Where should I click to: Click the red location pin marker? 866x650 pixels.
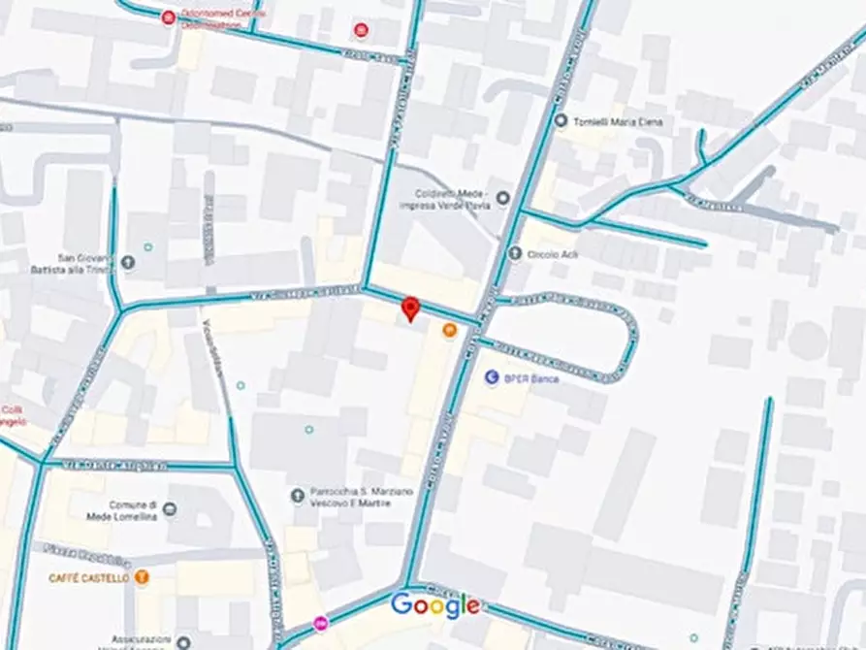(410, 309)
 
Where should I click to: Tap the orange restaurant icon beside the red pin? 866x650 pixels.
(449, 331)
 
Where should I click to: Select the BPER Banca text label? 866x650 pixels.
(531, 378)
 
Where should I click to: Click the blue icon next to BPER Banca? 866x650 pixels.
(491, 377)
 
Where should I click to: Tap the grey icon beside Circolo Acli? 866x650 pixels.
(515, 254)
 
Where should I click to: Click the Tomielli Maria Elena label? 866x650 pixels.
(608, 120)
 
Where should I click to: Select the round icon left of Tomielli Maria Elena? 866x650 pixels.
(561, 120)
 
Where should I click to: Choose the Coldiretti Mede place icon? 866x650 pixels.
(502, 199)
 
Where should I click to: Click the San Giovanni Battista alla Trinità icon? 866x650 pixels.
(128, 263)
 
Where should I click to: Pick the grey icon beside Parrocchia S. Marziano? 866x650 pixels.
(298, 496)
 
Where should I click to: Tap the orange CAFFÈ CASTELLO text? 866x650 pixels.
(88, 578)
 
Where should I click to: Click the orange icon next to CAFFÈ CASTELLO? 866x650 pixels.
(143, 577)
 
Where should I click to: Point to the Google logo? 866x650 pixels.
(434, 605)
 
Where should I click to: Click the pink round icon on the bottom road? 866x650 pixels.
(321, 622)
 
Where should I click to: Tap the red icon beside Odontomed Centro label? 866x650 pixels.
(169, 17)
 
